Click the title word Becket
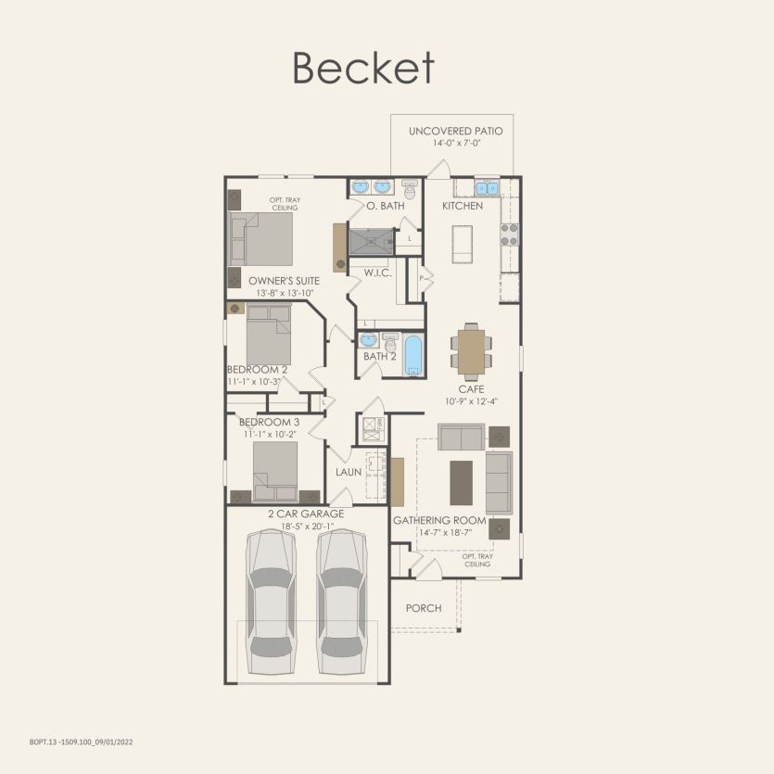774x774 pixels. pos(363,69)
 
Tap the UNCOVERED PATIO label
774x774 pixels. pos(455,132)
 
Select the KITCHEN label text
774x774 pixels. pos(462,206)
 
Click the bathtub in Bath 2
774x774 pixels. pos(412,356)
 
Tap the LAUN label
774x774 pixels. pos(349,473)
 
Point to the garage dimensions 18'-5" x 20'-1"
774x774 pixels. pos(306,527)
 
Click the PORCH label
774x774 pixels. pos(424,608)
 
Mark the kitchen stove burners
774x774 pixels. pos(509,234)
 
